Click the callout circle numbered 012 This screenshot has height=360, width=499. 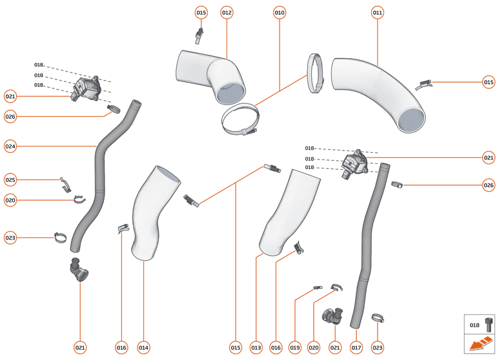(x=227, y=12)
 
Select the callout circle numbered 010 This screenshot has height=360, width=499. (x=279, y=12)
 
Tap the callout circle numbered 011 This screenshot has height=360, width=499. (x=378, y=12)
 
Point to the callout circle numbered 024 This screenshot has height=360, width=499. (x=10, y=146)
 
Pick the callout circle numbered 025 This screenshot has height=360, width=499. (x=10, y=179)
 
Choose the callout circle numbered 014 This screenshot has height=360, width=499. (x=143, y=348)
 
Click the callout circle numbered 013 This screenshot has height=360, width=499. (x=256, y=348)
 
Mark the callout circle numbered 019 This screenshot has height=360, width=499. (x=295, y=348)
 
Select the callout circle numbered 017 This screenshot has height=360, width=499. (x=356, y=348)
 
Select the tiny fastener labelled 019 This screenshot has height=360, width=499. (x=317, y=287)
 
